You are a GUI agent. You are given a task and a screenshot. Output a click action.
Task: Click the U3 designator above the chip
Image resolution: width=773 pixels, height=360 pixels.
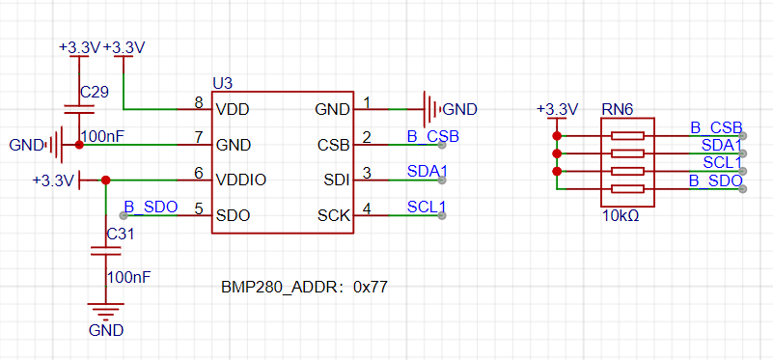(222, 83)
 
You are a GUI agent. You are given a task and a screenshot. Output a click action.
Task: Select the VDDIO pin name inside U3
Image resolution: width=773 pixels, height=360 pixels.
(241, 180)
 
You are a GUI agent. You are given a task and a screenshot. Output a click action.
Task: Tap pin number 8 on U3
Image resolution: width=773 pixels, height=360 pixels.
(199, 103)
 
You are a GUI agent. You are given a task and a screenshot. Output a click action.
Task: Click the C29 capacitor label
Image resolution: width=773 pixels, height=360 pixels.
(95, 92)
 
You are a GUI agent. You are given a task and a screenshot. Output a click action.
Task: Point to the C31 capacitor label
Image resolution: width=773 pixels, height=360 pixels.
(121, 235)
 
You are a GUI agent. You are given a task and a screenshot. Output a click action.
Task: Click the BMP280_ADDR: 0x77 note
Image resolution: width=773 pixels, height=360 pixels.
(304, 288)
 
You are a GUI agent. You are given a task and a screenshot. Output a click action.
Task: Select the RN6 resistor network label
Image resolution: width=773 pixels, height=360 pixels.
(617, 109)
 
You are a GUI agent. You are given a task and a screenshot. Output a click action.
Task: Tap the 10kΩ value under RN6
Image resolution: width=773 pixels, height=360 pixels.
(621, 215)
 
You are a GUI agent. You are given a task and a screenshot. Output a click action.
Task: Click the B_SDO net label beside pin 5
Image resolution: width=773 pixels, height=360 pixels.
(151, 207)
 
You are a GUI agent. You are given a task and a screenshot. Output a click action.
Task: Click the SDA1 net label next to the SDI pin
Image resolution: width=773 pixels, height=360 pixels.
(427, 171)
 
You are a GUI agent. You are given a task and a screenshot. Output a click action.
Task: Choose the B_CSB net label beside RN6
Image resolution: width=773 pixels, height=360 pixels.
(716, 127)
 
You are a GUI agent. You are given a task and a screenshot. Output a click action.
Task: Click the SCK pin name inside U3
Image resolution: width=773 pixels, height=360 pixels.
(334, 215)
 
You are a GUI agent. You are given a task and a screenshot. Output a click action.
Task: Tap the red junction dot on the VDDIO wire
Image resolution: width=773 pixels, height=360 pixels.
(105, 180)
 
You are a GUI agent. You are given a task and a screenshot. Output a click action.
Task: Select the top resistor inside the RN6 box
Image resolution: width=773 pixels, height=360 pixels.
(627, 136)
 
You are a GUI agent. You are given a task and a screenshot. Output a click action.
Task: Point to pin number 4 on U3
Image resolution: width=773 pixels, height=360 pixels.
(367, 209)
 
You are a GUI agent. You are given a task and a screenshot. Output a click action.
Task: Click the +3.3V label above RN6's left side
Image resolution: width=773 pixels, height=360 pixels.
(558, 109)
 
